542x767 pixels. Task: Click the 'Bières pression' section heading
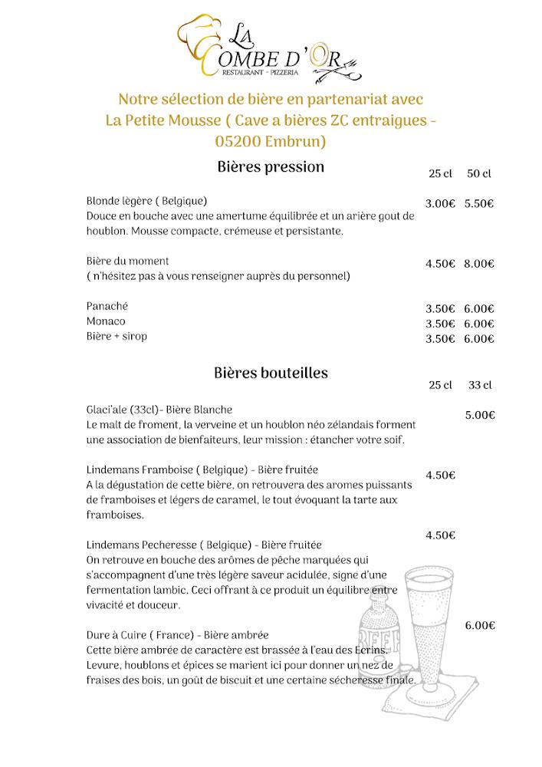[x=271, y=166]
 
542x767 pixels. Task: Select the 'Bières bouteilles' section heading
[x=271, y=373]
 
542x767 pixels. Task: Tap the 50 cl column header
[x=478, y=174]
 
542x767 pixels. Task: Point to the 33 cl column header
[x=479, y=384]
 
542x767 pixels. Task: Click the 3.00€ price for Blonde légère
[x=440, y=204]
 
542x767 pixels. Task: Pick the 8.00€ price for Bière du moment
[x=478, y=264]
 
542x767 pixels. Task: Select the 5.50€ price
[x=478, y=204]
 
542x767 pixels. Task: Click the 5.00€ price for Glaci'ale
[x=480, y=415]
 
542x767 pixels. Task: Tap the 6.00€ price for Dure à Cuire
[x=480, y=626]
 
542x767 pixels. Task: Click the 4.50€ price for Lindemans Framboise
[x=440, y=475]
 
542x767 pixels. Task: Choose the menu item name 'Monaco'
[x=106, y=321]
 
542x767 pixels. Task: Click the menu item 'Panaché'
[x=107, y=306]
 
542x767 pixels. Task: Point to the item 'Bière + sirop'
[x=117, y=337]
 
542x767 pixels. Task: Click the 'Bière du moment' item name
[x=127, y=261]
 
